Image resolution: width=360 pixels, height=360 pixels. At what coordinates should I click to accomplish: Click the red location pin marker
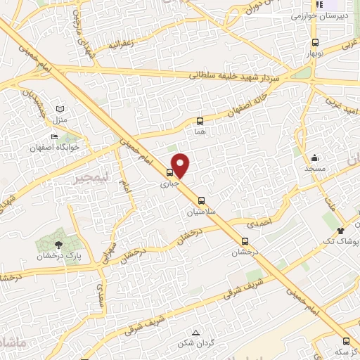(x=181, y=165)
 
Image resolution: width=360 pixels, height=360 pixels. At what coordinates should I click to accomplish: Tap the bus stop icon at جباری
(x=169, y=172)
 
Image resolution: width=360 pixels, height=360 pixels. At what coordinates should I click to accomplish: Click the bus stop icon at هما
(x=200, y=120)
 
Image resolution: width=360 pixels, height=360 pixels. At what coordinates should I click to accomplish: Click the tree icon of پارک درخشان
(x=58, y=244)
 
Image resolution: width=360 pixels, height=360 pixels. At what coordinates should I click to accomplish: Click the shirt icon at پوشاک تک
(x=342, y=230)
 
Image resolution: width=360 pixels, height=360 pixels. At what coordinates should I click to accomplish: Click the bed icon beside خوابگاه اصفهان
(x=54, y=137)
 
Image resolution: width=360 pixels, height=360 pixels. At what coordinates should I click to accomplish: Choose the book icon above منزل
(x=60, y=110)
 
